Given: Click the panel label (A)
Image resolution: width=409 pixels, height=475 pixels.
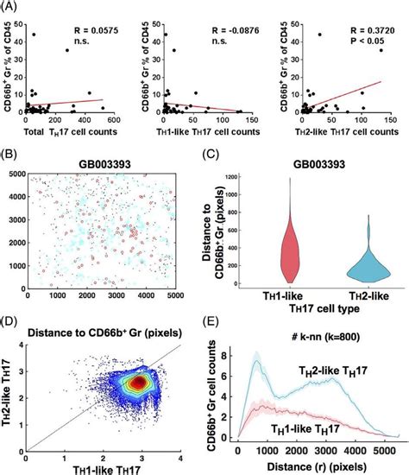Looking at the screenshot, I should click(x=10, y=7).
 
